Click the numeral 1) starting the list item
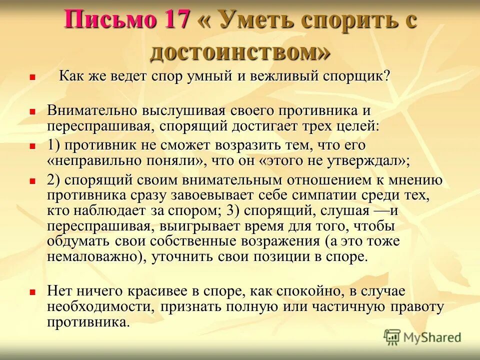point(54,145)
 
